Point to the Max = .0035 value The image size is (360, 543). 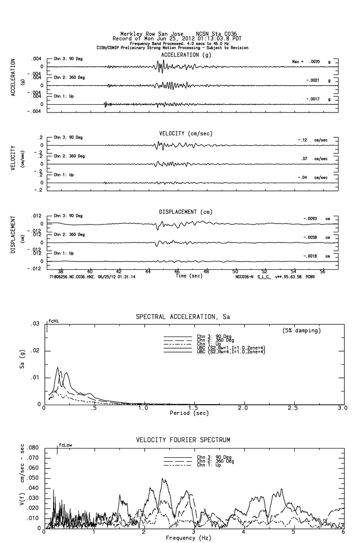point(304,62)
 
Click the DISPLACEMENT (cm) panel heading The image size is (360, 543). point(186,212)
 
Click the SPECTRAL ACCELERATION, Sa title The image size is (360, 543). point(183,317)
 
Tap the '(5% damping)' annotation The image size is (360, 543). point(302,331)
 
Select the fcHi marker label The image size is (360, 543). point(53,321)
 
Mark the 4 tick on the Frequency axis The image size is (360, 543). point(244,532)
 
